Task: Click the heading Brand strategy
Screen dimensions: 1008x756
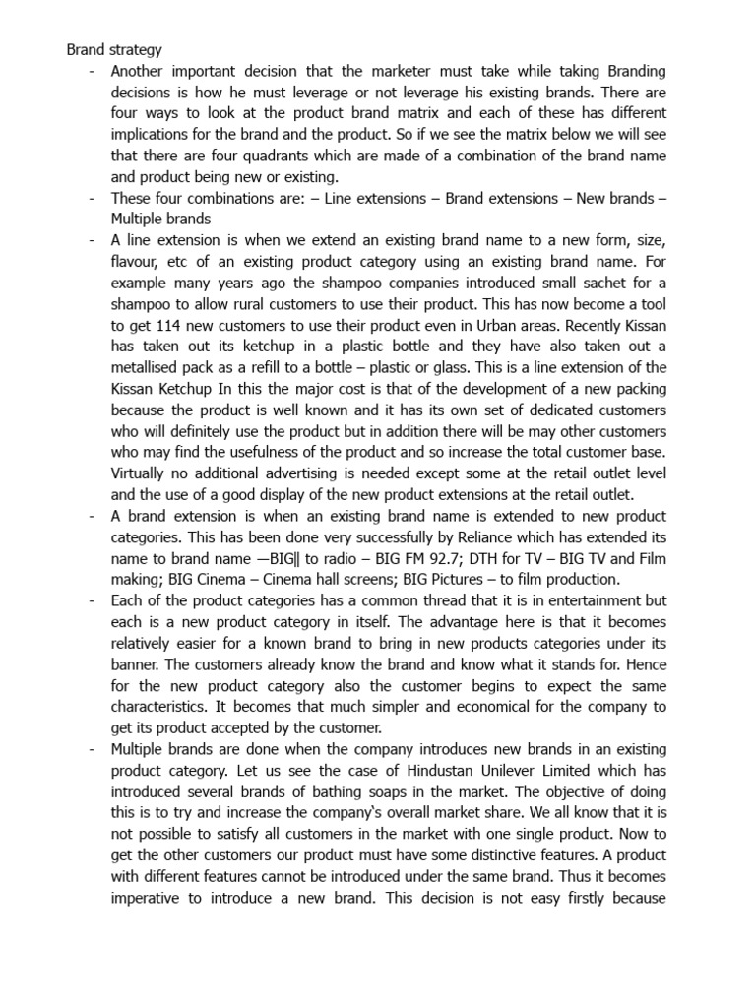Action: click(114, 48)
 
